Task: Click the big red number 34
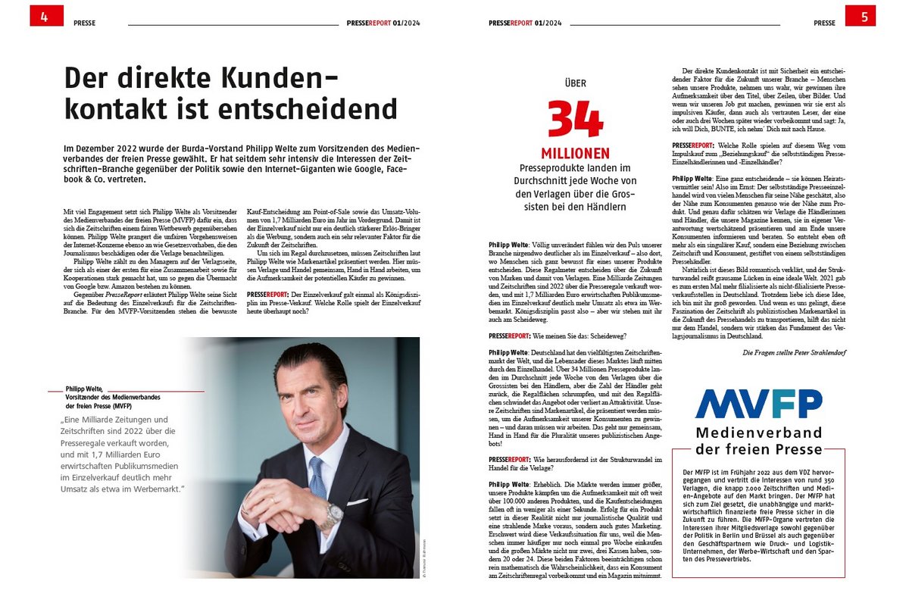[576, 119]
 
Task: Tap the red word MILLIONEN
[576, 153]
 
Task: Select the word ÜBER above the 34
[576, 84]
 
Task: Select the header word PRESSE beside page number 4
[85, 23]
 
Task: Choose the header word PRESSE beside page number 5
[824, 23]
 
